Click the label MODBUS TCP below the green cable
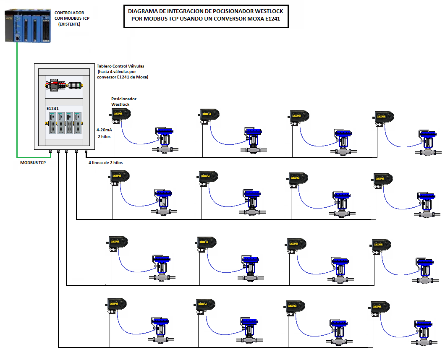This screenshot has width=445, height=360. (x=33, y=162)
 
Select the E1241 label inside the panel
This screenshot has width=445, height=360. (x=52, y=109)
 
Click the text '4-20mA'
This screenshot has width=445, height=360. (x=104, y=130)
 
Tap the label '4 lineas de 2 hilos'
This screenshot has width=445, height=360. (x=105, y=162)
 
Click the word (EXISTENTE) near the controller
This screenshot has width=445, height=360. (x=69, y=24)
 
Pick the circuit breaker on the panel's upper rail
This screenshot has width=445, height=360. (x=55, y=85)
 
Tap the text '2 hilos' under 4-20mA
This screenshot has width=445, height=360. (x=104, y=136)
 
